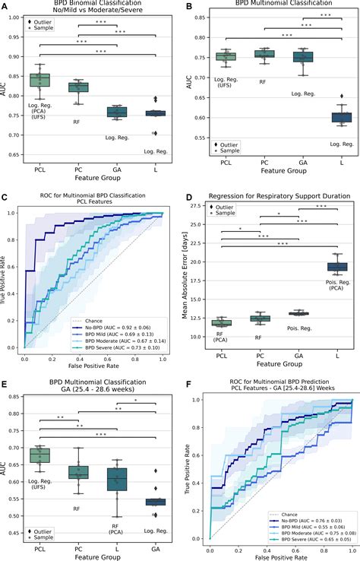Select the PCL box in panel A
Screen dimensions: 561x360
click(39, 79)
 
